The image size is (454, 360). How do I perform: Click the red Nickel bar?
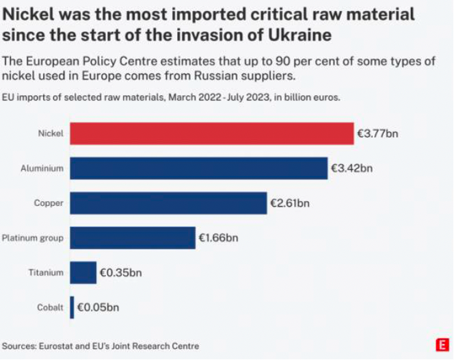pyautogui.click(x=211, y=133)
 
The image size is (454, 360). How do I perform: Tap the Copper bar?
pyautogui.click(x=168, y=203)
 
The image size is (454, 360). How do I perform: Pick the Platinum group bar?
pyautogui.click(x=133, y=237)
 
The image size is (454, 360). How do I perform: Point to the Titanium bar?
pyautogui.click(x=83, y=272)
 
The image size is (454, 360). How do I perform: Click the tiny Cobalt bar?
pyautogui.click(x=72, y=307)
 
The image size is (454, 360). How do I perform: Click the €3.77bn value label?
pyautogui.click(x=377, y=133)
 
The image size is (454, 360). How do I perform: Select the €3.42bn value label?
pyautogui.click(x=352, y=168)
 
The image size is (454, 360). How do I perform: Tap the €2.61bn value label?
pyautogui.click(x=290, y=203)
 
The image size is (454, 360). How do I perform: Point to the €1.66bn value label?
pyautogui.click(x=218, y=237)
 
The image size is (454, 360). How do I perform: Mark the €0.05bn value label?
pyautogui.click(x=97, y=307)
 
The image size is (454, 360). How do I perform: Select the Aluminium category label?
pyautogui.click(x=43, y=168)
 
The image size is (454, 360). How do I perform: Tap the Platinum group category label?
pyautogui.click(x=33, y=238)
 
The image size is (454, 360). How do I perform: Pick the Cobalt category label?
pyautogui.click(x=50, y=308)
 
